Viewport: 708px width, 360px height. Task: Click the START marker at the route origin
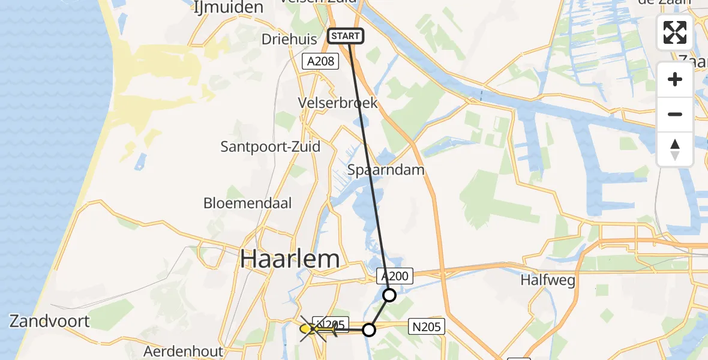(x=346, y=36)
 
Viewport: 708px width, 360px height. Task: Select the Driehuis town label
(x=289, y=39)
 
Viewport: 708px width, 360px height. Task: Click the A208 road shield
(x=320, y=61)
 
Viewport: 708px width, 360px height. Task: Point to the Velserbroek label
(x=338, y=103)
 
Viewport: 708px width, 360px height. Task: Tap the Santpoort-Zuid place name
(x=270, y=146)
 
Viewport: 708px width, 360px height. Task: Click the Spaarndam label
(x=386, y=170)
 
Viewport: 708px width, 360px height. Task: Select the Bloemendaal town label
(x=247, y=203)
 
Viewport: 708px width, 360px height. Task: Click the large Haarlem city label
(x=290, y=259)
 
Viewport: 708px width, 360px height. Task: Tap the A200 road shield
(x=395, y=276)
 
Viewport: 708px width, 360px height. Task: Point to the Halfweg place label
(x=548, y=280)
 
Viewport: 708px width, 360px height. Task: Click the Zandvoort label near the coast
(x=50, y=321)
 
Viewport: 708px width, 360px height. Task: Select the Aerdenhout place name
(x=184, y=351)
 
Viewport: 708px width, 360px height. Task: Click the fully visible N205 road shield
(x=427, y=326)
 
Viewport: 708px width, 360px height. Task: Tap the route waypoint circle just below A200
(x=389, y=295)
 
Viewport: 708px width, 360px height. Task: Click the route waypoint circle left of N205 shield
(x=369, y=330)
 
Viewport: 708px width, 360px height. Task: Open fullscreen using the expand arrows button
(x=675, y=32)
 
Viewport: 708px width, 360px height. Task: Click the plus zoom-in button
(x=675, y=80)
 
